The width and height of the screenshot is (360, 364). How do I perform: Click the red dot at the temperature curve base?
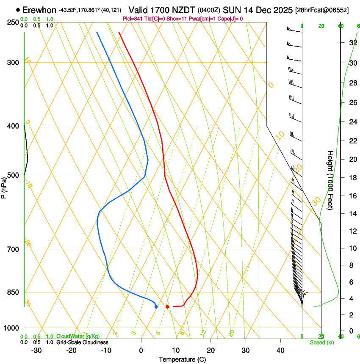pyautogui.click(x=167, y=306)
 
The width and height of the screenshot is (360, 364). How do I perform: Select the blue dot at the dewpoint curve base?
pyautogui.click(x=156, y=306)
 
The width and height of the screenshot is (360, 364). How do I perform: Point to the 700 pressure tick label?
pyautogui.click(x=13, y=249)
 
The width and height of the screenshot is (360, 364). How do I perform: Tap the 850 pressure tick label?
pyautogui.click(x=13, y=292)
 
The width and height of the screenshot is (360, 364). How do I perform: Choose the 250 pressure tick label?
pyautogui.click(x=13, y=22)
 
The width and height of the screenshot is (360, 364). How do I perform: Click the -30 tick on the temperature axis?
pyautogui.click(x=36, y=350)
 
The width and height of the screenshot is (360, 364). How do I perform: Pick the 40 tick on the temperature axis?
pyautogui.click(x=280, y=350)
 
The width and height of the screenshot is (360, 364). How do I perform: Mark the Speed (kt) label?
pyautogui.click(x=321, y=342)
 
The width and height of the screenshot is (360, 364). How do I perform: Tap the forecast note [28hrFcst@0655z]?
pyautogui.click(x=322, y=10)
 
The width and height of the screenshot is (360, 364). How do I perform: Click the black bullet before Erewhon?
pyautogui.click(x=18, y=10)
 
